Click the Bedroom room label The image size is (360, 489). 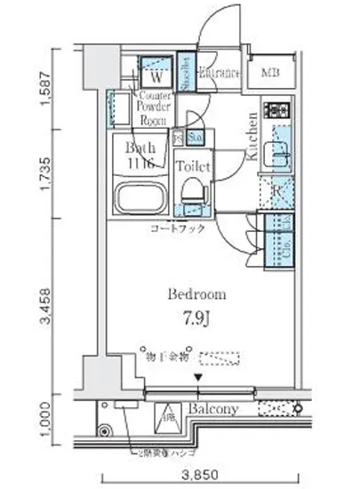click(x=196, y=294)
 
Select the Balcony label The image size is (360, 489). click(x=212, y=409)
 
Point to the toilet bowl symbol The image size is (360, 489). click(x=191, y=188)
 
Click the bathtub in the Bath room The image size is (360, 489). click(x=141, y=200)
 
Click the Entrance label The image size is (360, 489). click(x=219, y=73)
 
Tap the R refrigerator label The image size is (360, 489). click(x=277, y=190)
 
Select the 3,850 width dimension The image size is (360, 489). click(x=196, y=474)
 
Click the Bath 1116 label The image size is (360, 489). click(x=139, y=153)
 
